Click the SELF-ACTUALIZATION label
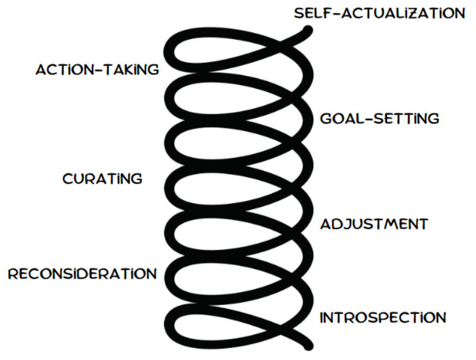[379, 12]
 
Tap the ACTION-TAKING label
[97, 70]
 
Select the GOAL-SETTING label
[379, 118]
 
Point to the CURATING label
[102, 178]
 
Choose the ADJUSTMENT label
[374, 225]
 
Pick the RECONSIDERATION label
[82, 274]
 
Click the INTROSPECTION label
[383, 317]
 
